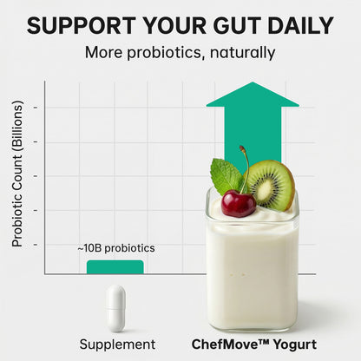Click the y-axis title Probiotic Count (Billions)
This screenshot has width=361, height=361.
(x=17, y=174)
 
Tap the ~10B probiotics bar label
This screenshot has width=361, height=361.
(x=115, y=248)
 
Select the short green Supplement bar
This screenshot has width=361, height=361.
(x=115, y=266)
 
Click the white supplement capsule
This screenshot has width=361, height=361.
(x=115, y=308)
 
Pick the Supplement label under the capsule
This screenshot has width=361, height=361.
(x=117, y=345)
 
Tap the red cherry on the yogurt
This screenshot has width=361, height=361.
(x=238, y=204)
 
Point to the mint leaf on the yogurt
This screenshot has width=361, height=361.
(x=226, y=177)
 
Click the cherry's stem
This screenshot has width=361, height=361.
(x=246, y=169)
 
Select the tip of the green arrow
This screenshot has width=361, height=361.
(x=252, y=85)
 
